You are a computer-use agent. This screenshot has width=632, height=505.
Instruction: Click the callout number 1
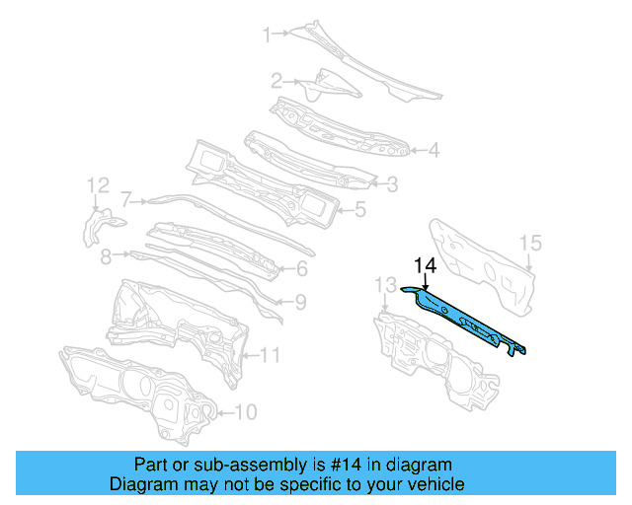click(x=267, y=36)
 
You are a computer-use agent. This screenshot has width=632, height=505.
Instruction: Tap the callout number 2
click(x=277, y=80)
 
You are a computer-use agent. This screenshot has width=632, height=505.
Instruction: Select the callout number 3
click(x=392, y=182)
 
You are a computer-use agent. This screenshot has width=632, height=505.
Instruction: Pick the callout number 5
click(x=360, y=209)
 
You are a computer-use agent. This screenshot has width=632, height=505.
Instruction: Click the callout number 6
click(x=302, y=267)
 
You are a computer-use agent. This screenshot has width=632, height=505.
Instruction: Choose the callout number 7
click(x=126, y=197)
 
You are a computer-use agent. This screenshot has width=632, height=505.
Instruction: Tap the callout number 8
click(x=106, y=255)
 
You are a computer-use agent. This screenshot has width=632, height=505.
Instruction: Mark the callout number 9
click(x=301, y=302)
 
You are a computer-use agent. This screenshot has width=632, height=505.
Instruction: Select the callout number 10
click(x=247, y=412)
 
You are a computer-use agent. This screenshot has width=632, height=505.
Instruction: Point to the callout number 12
click(x=97, y=185)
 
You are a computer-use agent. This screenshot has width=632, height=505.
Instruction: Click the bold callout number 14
click(x=425, y=264)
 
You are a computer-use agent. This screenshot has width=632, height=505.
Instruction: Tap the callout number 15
click(x=530, y=243)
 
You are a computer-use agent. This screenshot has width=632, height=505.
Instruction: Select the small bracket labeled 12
click(x=97, y=226)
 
